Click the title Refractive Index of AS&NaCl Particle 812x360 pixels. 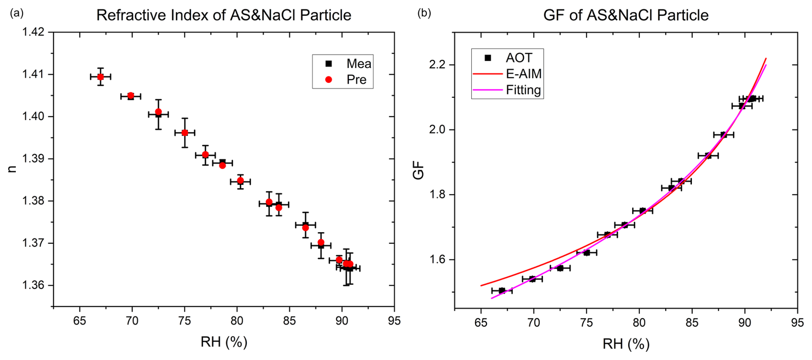pos(224,15)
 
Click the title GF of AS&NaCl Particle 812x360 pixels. pos(626,15)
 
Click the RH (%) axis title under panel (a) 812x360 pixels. pos(224,342)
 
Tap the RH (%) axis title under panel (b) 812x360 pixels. pos(626,344)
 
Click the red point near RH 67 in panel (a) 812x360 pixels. pos(100,77)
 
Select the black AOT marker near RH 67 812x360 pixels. pos(502,290)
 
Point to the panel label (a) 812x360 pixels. pos(17,13)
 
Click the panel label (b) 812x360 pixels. pos(424,13)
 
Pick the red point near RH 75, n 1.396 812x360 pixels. pos(185,133)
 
